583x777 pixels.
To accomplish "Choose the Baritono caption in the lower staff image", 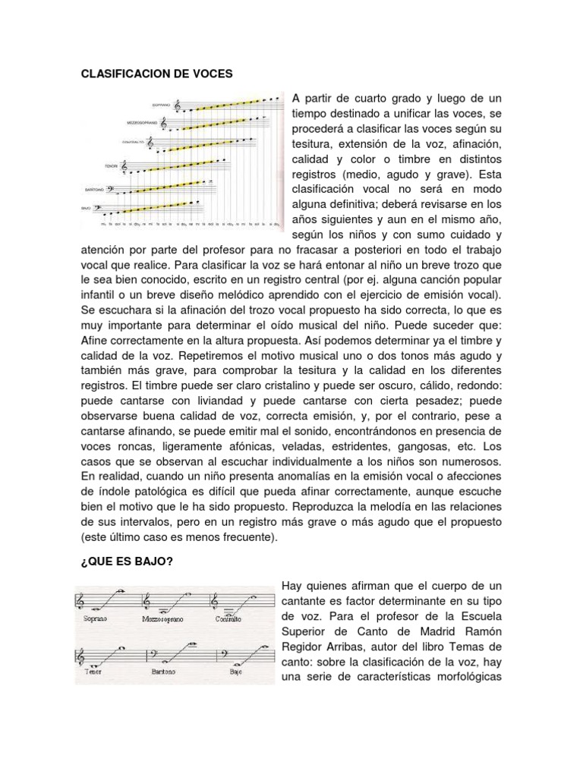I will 162,671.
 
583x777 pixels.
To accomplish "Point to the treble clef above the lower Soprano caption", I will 82,600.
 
